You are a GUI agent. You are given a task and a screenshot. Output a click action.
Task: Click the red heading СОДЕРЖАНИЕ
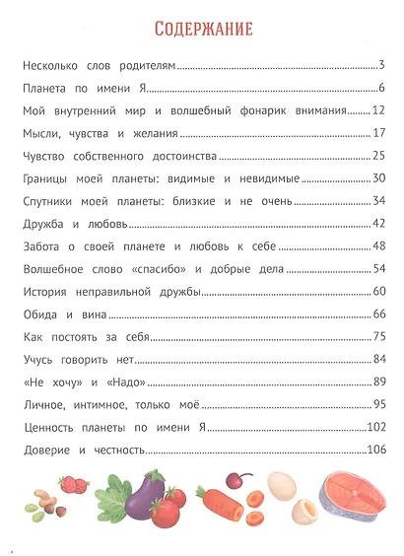click(x=201, y=28)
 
